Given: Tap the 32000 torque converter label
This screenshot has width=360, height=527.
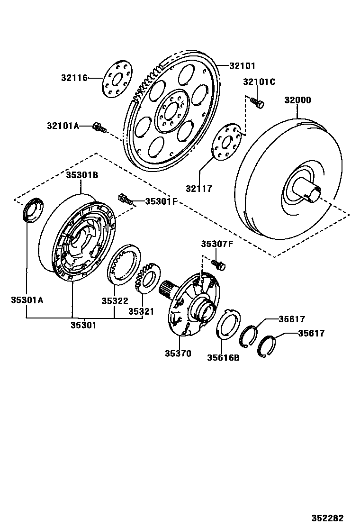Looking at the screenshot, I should [x=297, y=100].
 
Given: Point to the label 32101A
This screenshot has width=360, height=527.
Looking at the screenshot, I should [x=63, y=126].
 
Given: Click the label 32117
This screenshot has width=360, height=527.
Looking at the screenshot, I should [x=199, y=189].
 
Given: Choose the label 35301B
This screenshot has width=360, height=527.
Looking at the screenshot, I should [x=81, y=175].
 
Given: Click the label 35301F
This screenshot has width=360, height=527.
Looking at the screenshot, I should [x=161, y=201].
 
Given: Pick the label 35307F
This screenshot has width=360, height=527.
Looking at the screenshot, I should [x=217, y=244].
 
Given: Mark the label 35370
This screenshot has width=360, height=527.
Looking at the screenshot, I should [x=178, y=353].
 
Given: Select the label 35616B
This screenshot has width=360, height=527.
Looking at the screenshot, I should [x=223, y=357].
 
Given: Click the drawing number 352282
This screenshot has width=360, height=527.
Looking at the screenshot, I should [x=327, y=518].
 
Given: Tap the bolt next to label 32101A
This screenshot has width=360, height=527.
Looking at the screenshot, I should [x=100, y=127].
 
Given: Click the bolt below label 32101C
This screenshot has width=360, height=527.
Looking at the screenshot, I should [x=257, y=102].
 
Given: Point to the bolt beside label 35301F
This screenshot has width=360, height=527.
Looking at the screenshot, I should [x=125, y=199].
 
